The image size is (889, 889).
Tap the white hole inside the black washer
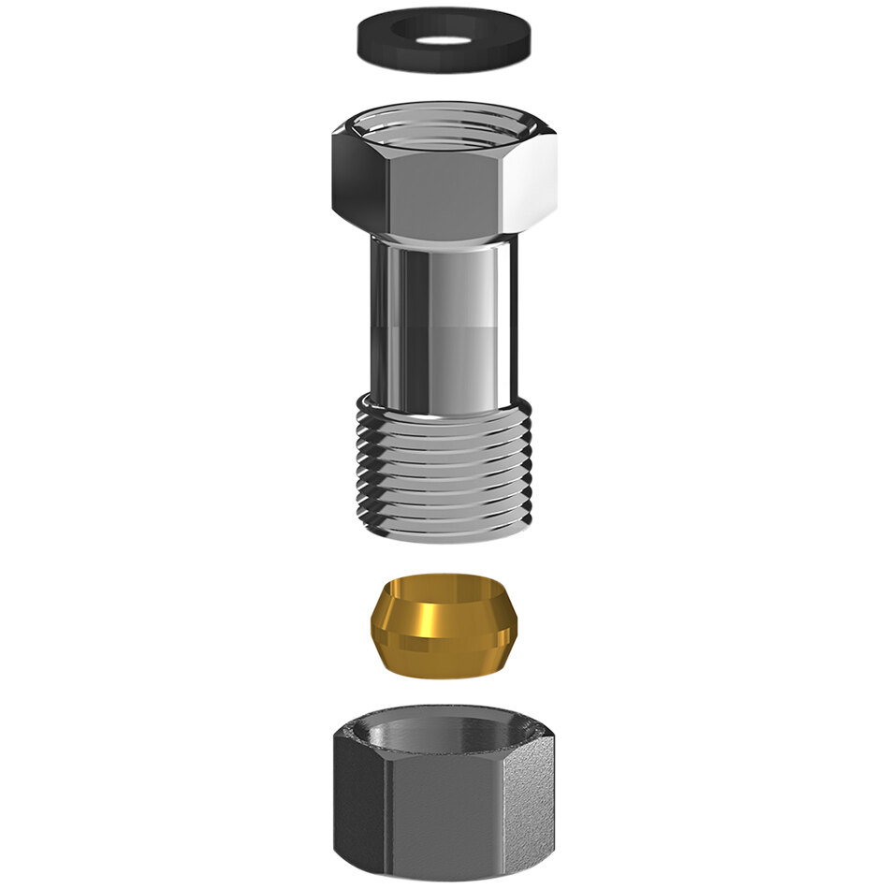444,41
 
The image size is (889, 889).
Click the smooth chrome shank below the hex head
444,318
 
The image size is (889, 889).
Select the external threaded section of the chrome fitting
444,468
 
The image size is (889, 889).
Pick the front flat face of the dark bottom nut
444,805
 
